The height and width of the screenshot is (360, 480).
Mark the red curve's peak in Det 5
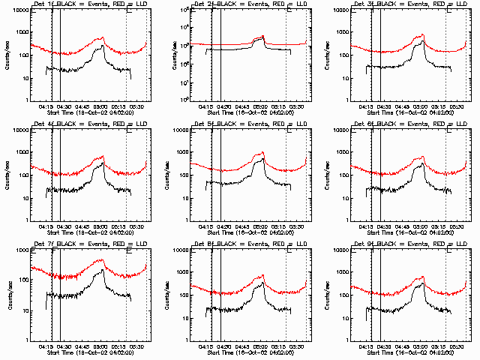pos(262,153)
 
